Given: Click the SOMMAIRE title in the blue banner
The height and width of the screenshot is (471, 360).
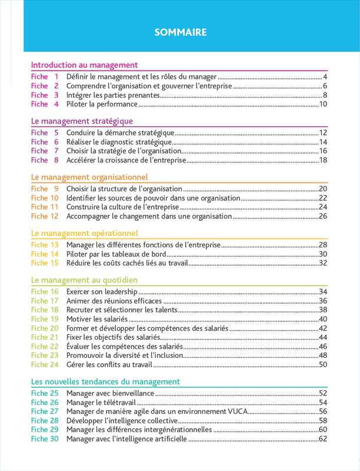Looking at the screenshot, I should tap(180, 32).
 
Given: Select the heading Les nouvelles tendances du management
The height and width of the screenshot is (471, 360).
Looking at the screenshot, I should tap(105, 382).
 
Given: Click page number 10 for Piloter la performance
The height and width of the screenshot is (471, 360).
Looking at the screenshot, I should tap(323, 104).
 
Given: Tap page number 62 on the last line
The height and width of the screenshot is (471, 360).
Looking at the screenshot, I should tap(323, 439).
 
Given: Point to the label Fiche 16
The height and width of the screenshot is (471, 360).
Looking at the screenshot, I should tap(45, 292).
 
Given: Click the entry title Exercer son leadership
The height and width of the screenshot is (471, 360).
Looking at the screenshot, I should tap(102, 292).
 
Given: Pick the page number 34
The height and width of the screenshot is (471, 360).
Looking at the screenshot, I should tap(323, 292).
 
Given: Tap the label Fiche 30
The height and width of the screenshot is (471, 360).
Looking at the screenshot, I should tap(45, 439).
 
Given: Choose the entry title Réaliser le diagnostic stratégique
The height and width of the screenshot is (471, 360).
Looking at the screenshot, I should tap(119, 142).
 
